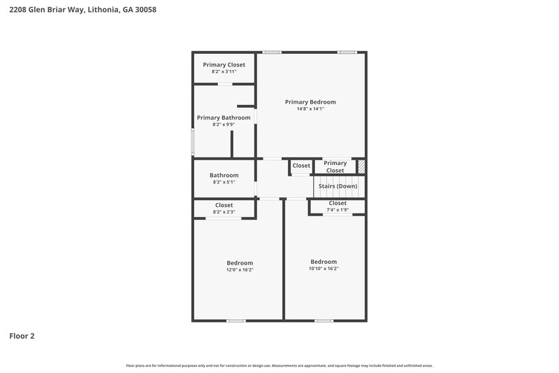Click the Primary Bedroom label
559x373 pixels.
pos(310,102)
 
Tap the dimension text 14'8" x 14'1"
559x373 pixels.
pos(310,109)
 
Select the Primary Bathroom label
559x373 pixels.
pos(224,118)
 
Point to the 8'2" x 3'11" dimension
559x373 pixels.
pos(224,71)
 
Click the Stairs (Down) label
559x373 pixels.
pos(337,186)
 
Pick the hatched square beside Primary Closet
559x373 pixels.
pos(361,167)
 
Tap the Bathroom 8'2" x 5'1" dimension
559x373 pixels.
pos(224,182)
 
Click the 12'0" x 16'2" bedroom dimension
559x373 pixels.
pos(239,269)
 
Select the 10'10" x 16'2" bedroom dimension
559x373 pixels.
pos(324,268)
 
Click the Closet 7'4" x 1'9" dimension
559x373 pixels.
pos(337,210)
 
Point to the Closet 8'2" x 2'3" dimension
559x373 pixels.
pos(224,212)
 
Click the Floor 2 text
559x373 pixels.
pos(22,336)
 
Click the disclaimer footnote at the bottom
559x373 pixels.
pos(279,365)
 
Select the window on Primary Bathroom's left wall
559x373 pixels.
pos(193,140)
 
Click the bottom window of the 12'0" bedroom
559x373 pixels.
pos(236,321)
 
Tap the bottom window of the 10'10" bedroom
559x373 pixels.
pos(324,321)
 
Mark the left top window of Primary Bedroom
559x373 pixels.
pos(272,52)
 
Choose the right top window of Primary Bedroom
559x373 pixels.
pos(347,52)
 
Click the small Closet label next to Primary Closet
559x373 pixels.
pos(301,166)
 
